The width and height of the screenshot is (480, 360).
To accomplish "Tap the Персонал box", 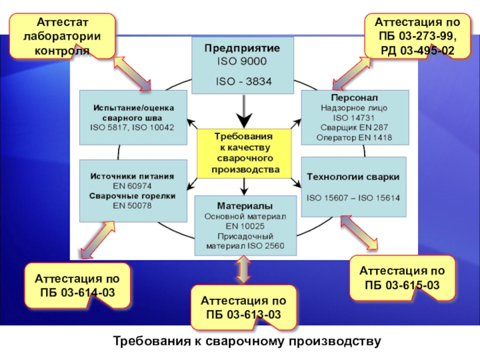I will (x=354, y=117).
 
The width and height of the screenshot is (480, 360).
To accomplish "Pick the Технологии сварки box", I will (x=353, y=187).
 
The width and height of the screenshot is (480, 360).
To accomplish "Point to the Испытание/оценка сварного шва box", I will (x=133, y=117).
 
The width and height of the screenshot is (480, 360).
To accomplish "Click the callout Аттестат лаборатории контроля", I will (x=62, y=36).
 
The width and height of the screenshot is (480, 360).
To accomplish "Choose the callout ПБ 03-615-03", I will (x=403, y=277).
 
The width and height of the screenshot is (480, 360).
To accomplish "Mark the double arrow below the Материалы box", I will (x=242, y=269).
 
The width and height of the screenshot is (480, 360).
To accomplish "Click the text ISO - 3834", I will (x=242, y=82).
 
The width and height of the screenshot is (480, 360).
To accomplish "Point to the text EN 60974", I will (x=133, y=187).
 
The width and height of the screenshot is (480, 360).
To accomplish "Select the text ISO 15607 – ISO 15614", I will (x=353, y=197).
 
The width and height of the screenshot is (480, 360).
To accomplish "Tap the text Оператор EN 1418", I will (x=354, y=138).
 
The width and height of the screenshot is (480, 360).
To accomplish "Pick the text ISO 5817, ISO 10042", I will (x=132, y=128).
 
